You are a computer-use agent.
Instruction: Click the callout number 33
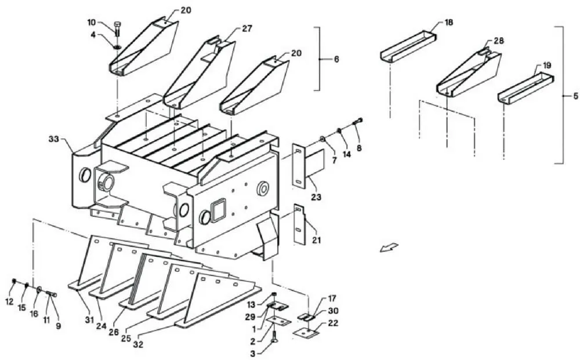pos(54,139)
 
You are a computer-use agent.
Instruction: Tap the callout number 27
pos(247,28)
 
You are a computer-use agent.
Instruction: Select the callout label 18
pos(449,23)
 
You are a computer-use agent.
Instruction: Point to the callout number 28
pos(499,41)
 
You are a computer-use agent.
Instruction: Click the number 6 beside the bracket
pos(336,59)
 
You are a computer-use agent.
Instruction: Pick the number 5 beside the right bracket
pos(575,96)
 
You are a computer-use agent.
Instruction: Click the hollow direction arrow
pos(389,248)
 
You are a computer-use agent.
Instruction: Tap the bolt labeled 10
pos(118,28)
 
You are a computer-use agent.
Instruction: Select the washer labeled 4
pos(117,47)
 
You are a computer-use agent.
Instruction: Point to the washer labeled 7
pos(322,139)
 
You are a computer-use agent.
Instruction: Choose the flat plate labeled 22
pos(306,333)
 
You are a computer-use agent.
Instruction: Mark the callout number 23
pos(316,197)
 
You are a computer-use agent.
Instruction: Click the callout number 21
pos(316,240)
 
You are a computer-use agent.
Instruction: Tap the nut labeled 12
pos(14,282)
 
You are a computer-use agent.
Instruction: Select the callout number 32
pos(138,344)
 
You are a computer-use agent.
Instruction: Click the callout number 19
pos(547,66)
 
